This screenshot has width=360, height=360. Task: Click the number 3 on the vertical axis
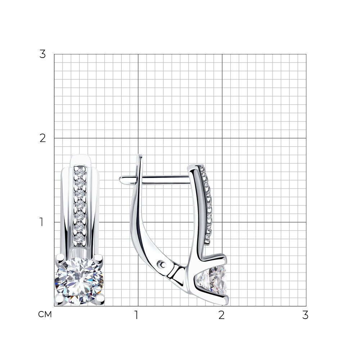coord(42,54)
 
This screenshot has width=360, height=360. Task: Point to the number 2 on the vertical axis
coord(42,138)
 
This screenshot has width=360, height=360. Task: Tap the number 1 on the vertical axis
coord(41,222)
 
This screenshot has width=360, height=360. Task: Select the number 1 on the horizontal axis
coord(136,315)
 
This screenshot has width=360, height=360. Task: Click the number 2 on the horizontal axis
coord(221,315)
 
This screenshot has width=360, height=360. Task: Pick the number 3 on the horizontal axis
coord(305,315)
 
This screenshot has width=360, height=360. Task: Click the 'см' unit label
coord(45,314)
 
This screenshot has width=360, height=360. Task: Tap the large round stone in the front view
coord(79,281)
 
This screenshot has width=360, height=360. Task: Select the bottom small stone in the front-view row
coord(80,238)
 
